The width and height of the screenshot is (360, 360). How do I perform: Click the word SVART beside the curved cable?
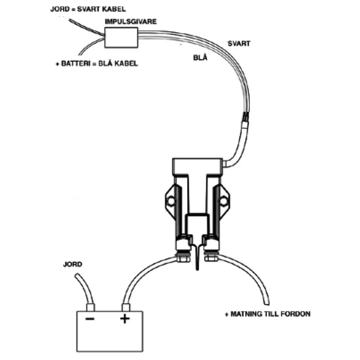tap(239, 44)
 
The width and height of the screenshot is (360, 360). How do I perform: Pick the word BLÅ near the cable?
tap(198, 58)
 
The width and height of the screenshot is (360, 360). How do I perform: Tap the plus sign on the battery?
tap(124, 319)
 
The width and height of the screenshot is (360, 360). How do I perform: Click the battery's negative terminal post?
tap(91, 306)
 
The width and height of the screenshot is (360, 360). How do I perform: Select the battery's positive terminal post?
tap(125, 306)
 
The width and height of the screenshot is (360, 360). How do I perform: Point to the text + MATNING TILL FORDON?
tap(268, 314)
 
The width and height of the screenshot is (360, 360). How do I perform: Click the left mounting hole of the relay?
tap(170, 201)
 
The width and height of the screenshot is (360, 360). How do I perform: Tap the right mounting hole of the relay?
tap(224, 201)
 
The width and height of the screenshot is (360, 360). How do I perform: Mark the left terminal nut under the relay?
tap(182, 258)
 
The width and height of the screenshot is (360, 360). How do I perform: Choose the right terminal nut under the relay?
tap(212, 258)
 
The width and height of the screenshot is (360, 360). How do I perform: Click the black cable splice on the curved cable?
tap(246, 119)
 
